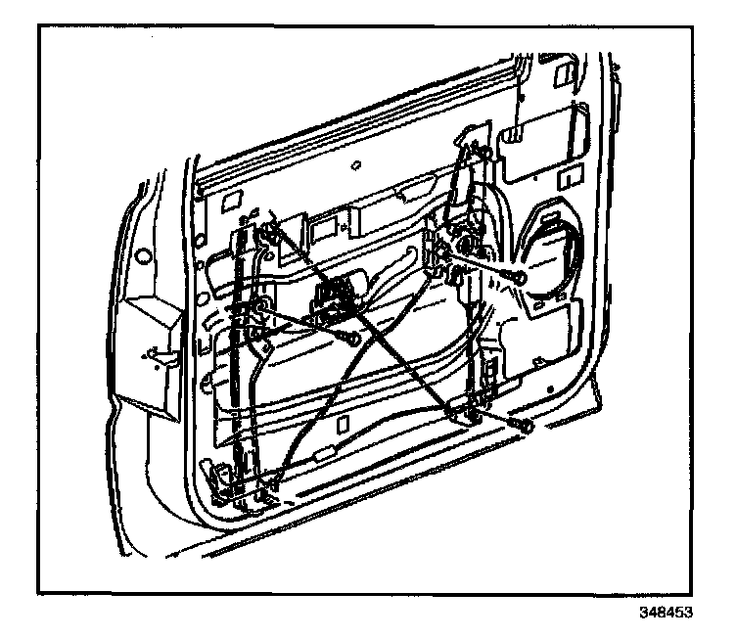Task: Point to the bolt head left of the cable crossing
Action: tap(350, 339)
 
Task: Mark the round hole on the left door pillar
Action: tap(143, 257)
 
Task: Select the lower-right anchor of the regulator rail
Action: tap(467, 415)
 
